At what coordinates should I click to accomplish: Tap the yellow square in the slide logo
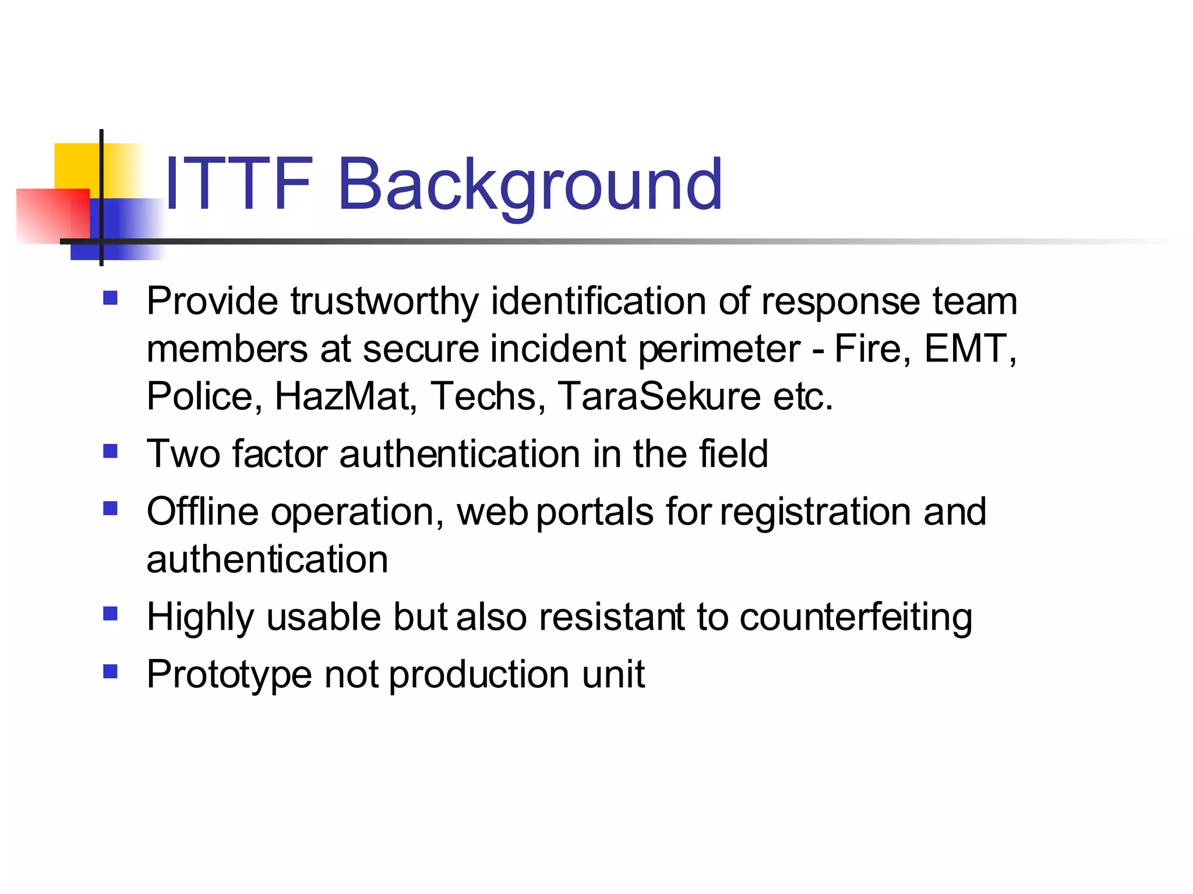point(76,165)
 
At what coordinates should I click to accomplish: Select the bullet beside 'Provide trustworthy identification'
point(110,299)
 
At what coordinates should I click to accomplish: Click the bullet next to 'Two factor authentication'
point(110,451)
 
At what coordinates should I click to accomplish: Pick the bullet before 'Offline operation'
point(110,509)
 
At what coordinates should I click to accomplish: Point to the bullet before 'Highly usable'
point(110,614)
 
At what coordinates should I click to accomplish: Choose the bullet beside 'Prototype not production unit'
point(110,672)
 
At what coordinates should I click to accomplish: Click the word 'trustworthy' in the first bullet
point(384,301)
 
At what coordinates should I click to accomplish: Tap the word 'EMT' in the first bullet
point(966,349)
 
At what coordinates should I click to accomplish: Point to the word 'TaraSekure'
point(659,396)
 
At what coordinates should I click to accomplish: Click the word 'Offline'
point(202,512)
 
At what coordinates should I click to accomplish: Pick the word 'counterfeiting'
point(856,618)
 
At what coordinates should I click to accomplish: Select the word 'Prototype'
point(230,676)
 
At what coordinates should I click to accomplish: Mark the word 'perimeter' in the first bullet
point(719,350)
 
